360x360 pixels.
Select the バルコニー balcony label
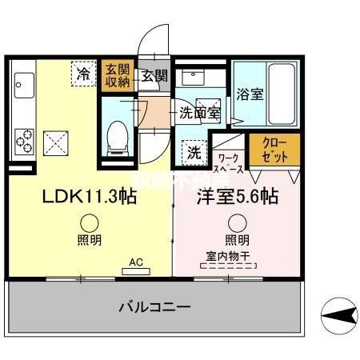pos(155,306)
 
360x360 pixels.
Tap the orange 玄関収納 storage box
pos(113,76)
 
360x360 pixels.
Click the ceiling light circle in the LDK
pos(90,224)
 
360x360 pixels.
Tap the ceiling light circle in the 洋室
pos(236,224)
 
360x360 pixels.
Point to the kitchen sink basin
pos(22,82)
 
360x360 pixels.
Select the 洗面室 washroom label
pos(199,113)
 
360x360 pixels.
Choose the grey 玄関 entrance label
pos(154,76)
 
